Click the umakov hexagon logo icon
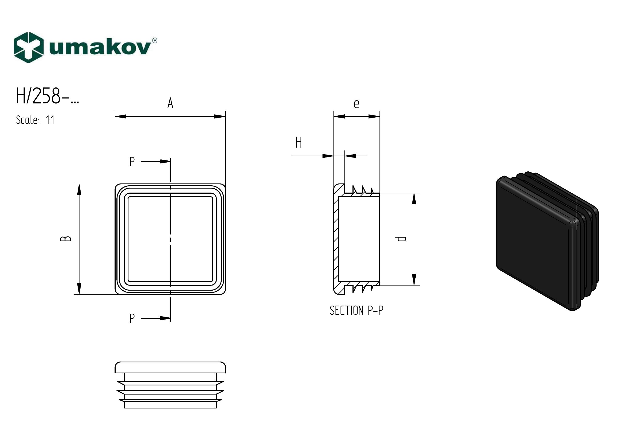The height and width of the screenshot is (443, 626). coord(29,48)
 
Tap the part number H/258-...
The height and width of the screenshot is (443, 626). coord(47,96)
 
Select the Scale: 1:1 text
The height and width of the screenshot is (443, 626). coord(35,120)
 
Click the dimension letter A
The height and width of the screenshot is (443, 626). coord(170,103)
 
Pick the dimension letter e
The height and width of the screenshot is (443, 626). coord(356,104)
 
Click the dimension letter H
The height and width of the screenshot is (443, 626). coord(299,143)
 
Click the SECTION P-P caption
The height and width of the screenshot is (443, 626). coord(356,310)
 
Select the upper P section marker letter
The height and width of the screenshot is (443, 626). coord(132,162)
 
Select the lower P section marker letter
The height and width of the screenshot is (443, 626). coord(132,318)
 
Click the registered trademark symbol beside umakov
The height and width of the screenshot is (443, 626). coord(154,41)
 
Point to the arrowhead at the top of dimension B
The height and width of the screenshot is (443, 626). coord(79,189)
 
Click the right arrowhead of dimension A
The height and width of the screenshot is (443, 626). coord(220,117)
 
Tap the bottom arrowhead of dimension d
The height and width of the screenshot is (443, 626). coord(414,280)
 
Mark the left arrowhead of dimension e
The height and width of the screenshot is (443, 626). coord(339,117)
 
